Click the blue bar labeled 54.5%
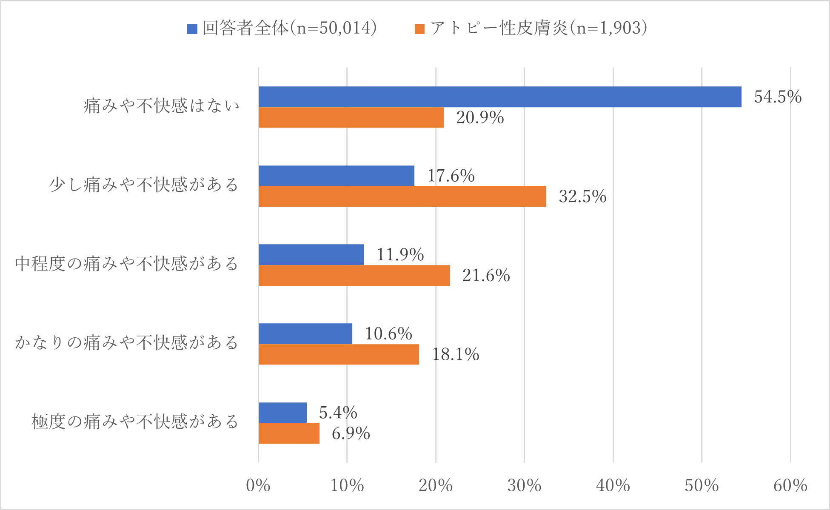[500, 97]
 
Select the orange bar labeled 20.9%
[351, 117]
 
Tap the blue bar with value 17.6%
[337, 176]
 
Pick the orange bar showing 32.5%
[402, 197]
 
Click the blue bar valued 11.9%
[311, 255]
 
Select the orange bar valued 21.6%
[354, 276]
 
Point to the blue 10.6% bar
[305, 334]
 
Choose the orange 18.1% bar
[339, 354]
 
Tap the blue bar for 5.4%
[283, 413]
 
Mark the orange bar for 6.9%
[289, 433]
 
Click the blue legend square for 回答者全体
[192, 29]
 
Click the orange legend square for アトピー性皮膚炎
[419, 29]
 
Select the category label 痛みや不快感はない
[162, 106]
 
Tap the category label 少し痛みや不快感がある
[144, 185]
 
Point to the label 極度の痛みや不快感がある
[135, 422]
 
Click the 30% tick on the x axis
[524, 486]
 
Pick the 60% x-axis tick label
[790, 486]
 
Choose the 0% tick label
[258, 486]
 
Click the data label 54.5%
[778, 97]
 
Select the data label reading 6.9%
[351, 434]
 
